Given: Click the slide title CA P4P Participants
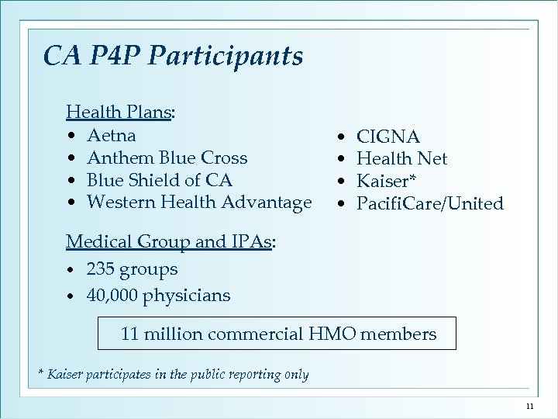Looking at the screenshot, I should [174, 56].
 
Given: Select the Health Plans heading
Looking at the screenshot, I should [119, 113].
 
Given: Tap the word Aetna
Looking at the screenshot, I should [112, 135].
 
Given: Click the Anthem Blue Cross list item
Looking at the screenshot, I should [167, 158].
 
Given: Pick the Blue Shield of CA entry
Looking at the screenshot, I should [160, 180].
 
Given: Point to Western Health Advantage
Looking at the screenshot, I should [199, 203].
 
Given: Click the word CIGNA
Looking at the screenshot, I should [387, 137].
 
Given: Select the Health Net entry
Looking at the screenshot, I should [401, 159].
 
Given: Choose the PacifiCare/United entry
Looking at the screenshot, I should [429, 204].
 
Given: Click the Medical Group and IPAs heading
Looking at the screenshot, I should [170, 241].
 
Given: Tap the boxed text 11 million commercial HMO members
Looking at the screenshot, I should [277, 334].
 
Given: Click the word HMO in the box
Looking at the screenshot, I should [331, 334].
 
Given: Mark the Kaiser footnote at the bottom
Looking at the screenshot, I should [174, 375].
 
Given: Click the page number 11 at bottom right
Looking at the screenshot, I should [530, 407].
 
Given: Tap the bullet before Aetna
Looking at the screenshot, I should [71, 137].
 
